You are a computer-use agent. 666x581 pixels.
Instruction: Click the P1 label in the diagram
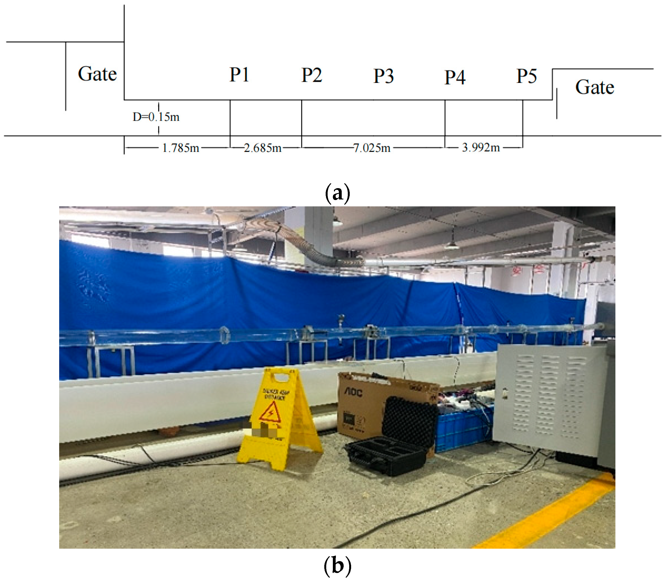[239, 75]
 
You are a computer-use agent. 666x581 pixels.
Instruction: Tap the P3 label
[383, 76]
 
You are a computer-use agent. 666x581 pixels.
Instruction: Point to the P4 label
[455, 77]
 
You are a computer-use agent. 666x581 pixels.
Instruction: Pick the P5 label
[526, 76]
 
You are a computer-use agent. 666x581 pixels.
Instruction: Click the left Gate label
[97, 74]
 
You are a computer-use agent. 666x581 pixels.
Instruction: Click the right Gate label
[594, 87]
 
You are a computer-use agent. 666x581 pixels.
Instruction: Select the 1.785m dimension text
[180, 148]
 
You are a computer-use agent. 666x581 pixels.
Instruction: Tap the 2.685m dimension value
[262, 148]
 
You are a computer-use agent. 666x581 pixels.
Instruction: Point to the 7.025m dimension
[372, 148]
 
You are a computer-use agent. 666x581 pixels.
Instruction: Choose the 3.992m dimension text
[481, 148]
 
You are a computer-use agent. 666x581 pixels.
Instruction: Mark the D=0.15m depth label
[156, 117]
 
